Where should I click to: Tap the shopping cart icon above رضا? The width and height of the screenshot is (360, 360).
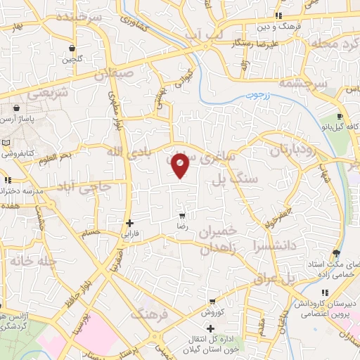point(182,217)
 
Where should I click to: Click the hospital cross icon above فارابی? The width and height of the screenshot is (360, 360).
point(129,223)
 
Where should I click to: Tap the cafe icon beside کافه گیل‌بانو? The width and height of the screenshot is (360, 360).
point(340,117)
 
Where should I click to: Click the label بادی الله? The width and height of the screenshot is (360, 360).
point(128,151)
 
